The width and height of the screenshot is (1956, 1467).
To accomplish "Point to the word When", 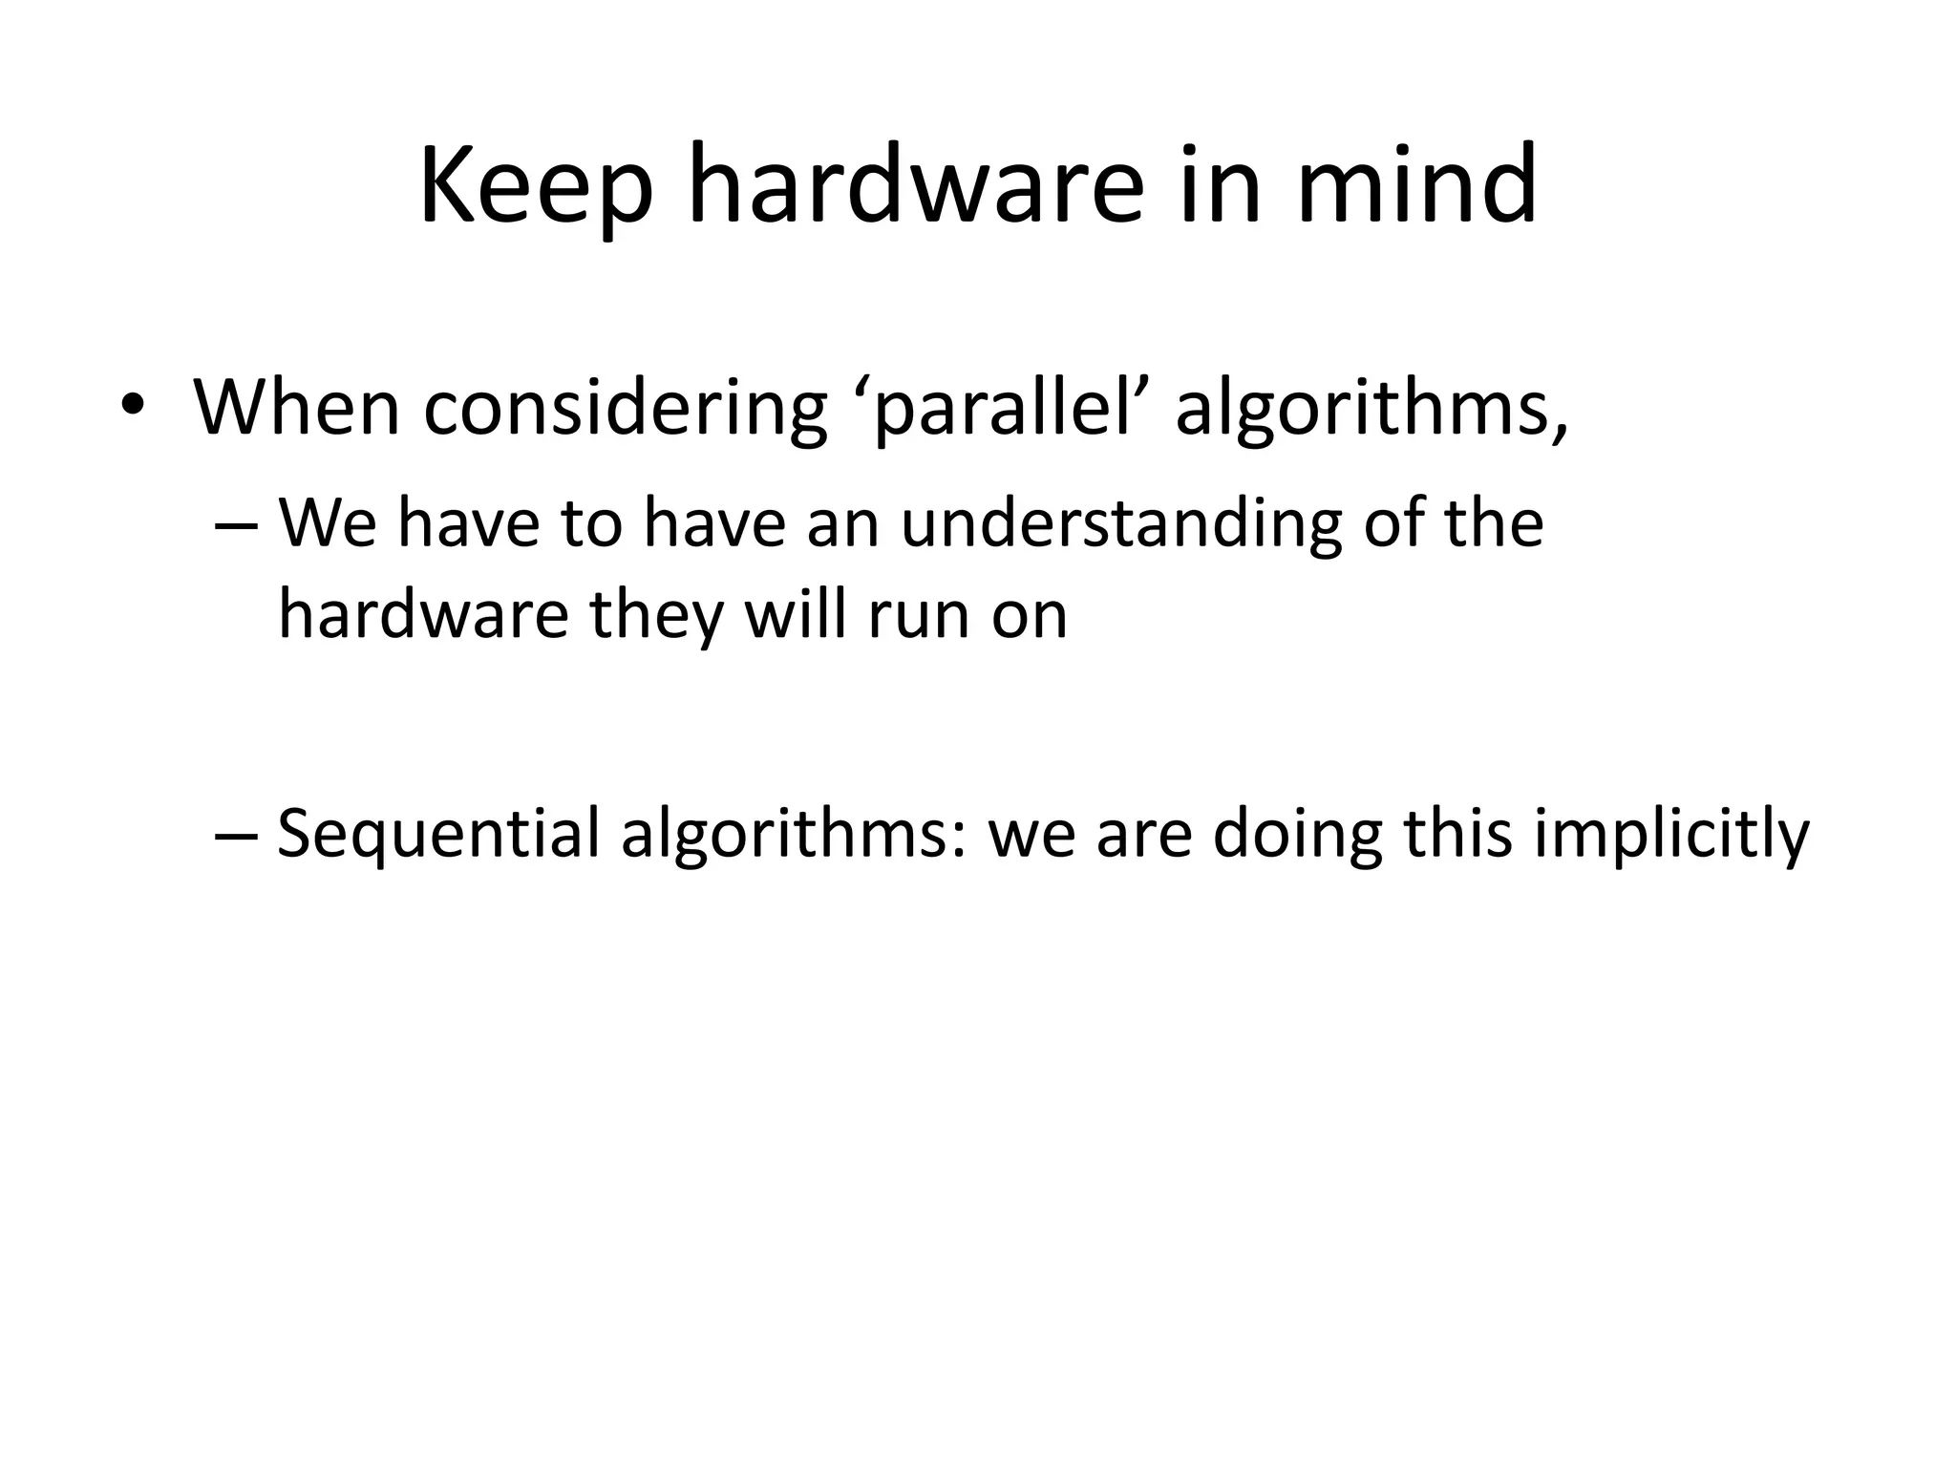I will (297, 409).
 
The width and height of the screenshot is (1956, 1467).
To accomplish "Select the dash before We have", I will (237, 526).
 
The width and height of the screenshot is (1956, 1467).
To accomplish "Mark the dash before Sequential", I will (237, 834).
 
